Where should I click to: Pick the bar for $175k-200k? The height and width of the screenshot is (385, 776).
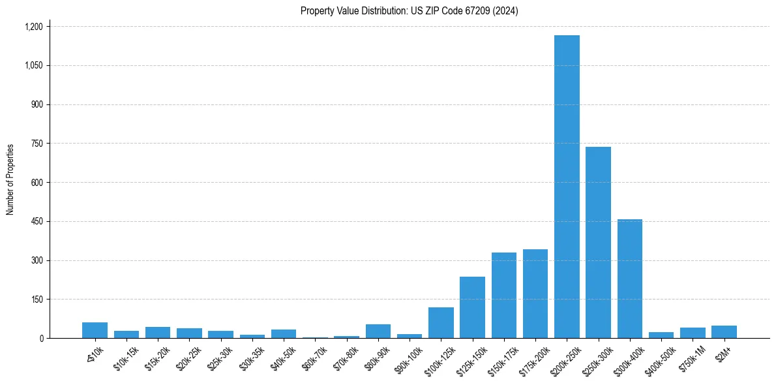click(535, 294)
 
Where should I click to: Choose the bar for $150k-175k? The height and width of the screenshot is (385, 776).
click(504, 295)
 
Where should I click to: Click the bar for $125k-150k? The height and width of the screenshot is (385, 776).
click(472, 307)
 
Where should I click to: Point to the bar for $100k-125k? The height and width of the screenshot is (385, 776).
click(441, 323)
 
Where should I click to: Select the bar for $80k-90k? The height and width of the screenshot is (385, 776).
click(378, 331)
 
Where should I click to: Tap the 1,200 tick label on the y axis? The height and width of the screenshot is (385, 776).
click(33, 27)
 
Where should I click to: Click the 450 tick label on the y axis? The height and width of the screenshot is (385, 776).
click(37, 222)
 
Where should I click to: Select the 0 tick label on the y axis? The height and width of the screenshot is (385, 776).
click(41, 339)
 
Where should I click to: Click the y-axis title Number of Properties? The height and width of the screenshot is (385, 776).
click(10, 179)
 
